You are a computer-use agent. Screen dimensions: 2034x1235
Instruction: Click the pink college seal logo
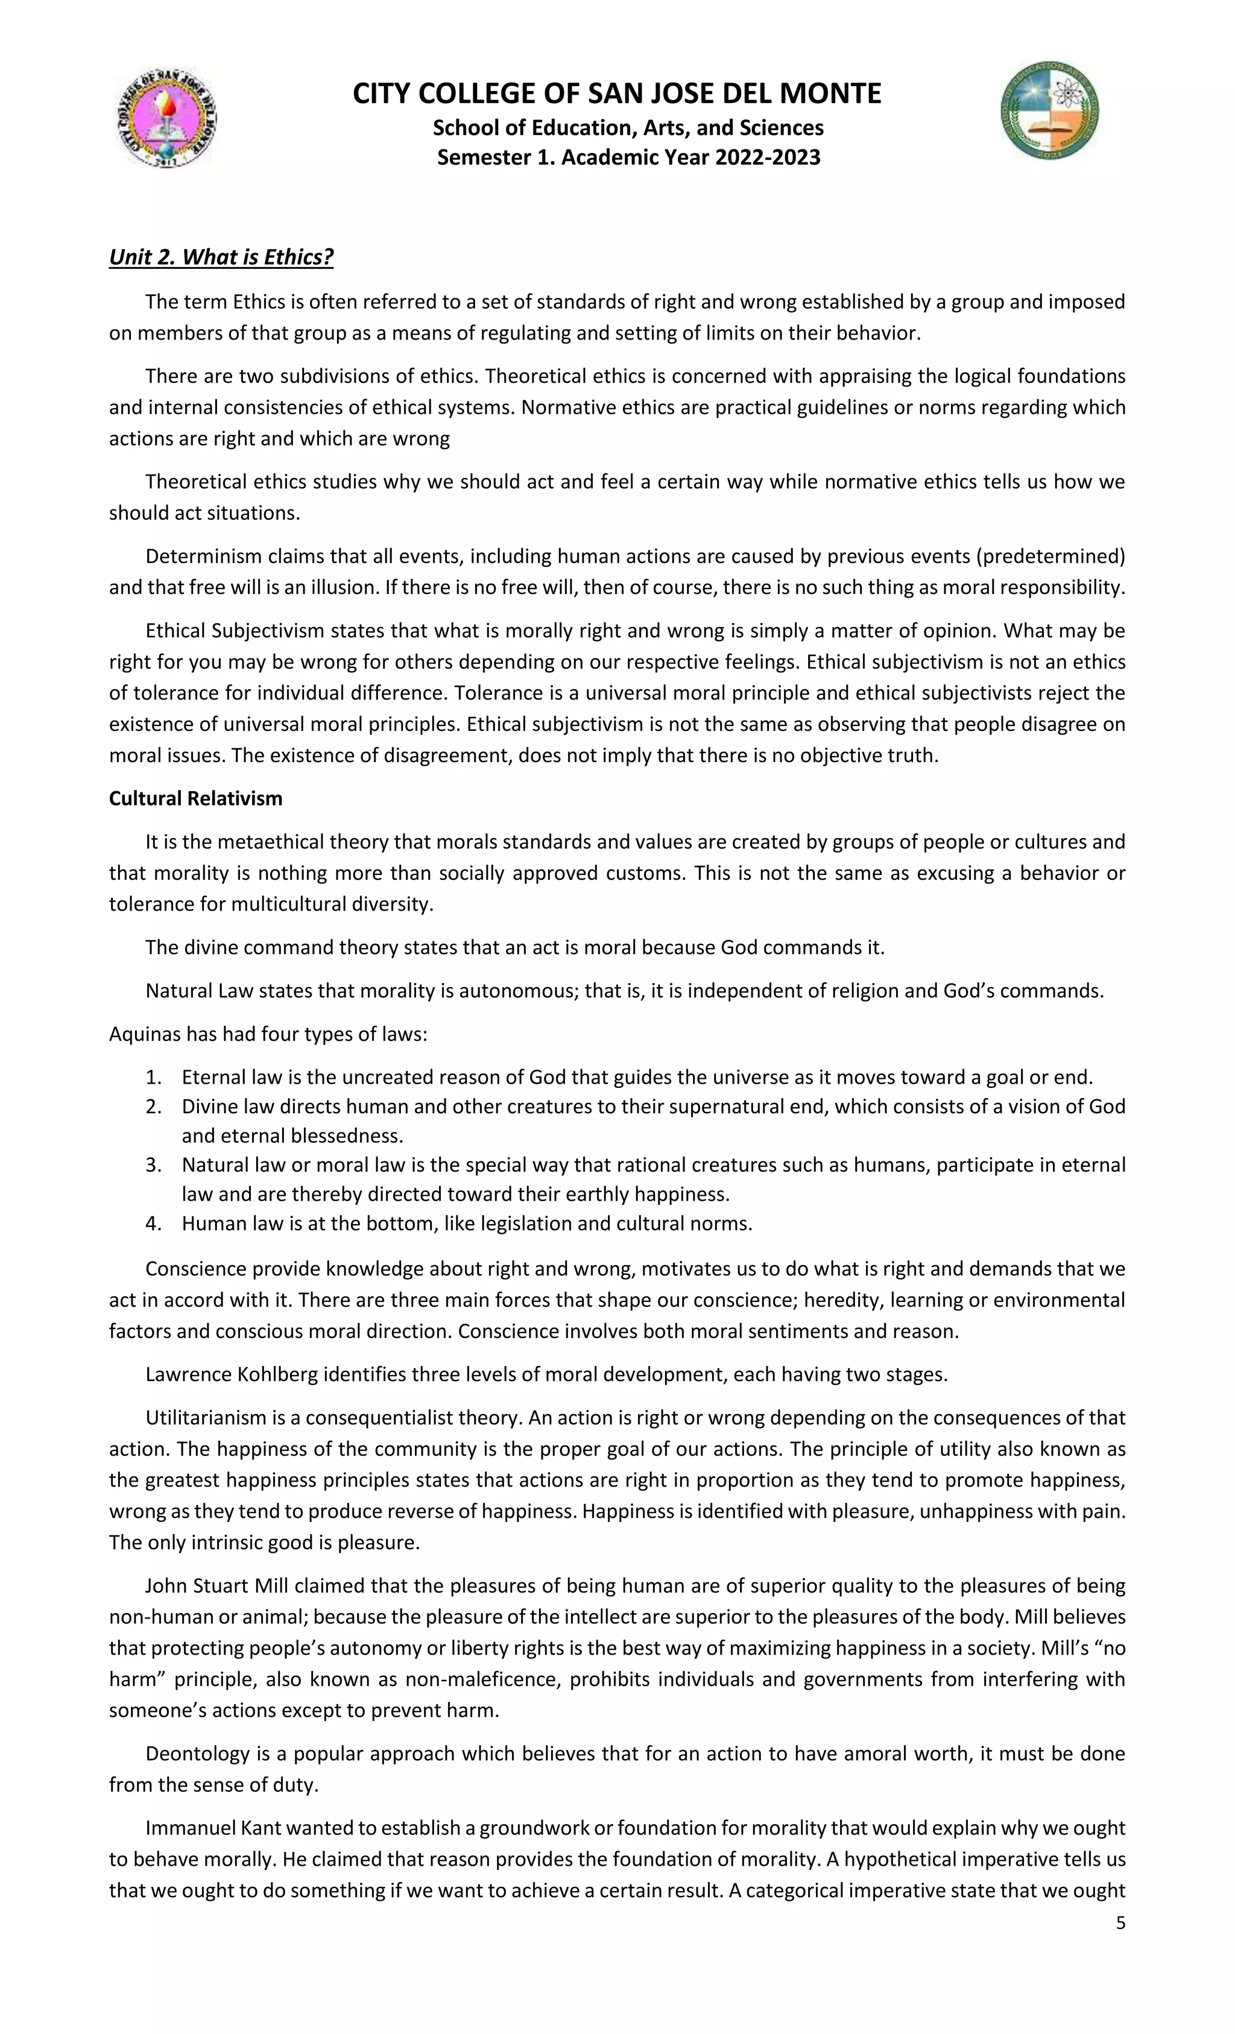pyautogui.click(x=165, y=117)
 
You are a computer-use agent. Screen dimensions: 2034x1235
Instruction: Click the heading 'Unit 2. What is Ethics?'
pyautogui.click(x=221, y=257)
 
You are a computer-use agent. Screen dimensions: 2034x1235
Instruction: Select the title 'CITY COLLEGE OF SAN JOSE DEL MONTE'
pyautogui.click(x=617, y=93)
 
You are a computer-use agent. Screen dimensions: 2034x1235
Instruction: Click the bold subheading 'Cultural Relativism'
pyautogui.click(x=195, y=798)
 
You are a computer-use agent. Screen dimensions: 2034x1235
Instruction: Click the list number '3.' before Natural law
pyautogui.click(x=154, y=1165)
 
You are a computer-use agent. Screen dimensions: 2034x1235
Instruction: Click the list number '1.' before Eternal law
pyautogui.click(x=154, y=1077)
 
